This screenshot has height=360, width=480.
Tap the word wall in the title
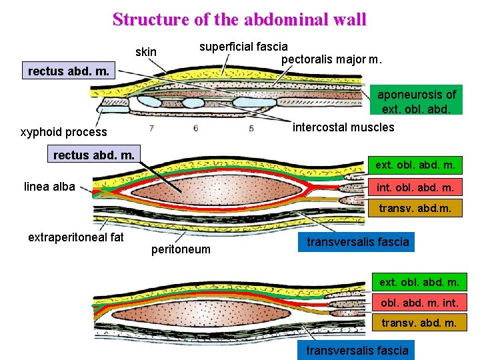pyautogui.click(x=348, y=19)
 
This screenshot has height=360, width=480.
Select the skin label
pyautogui.click(x=146, y=52)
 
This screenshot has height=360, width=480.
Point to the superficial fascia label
pyautogui.click(x=244, y=46)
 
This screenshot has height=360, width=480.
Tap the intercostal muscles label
pyautogui.click(x=343, y=127)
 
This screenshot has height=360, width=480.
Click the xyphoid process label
pyautogui.click(x=64, y=133)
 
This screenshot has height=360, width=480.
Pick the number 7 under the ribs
pyautogui.click(x=152, y=128)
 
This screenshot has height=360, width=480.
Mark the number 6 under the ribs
pyautogui.click(x=195, y=128)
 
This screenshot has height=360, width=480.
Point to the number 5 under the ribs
pyautogui.click(x=251, y=128)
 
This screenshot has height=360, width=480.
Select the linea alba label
pyautogui.click(x=49, y=186)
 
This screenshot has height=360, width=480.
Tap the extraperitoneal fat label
pyautogui.click(x=76, y=237)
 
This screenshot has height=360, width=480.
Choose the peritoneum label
pyautogui.click(x=181, y=249)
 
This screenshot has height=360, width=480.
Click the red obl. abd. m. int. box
pyautogui.click(x=419, y=303)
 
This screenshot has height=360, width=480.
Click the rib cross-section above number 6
pyautogui.click(x=193, y=103)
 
